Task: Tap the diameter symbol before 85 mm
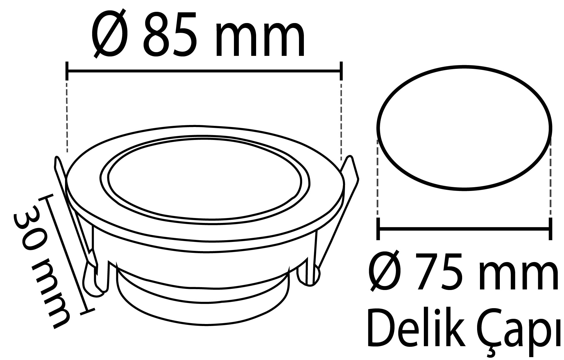[110, 34]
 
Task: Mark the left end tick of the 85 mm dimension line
[67, 71]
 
